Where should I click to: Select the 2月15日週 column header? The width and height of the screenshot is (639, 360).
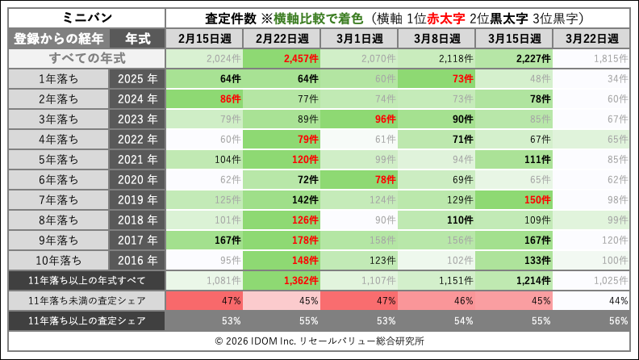pos(205,38)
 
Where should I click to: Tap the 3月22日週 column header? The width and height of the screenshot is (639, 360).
pos(592,38)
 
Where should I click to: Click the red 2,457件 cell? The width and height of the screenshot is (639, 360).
pos(282,58)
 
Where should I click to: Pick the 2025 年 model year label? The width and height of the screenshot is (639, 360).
pos(136,78)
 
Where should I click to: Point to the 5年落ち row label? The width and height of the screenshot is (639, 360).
pos(57,159)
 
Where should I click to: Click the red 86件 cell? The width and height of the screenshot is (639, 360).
pos(205,98)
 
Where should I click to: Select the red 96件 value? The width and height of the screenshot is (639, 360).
pos(360,119)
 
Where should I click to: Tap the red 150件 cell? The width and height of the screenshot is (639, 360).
pos(515,199)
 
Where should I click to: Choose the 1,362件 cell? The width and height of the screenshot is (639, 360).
pos(282,280)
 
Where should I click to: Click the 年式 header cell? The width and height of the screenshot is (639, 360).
pos(136,38)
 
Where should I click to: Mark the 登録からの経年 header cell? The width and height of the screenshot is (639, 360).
pos(57,38)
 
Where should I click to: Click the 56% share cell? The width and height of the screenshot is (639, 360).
pos(592,320)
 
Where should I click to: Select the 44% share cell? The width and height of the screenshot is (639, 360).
pos(592,300)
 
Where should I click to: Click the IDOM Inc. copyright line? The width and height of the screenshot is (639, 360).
pos(319,341)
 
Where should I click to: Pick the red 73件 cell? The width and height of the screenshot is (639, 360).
pos(437,78)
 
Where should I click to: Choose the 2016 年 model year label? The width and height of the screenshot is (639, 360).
pos(136,260)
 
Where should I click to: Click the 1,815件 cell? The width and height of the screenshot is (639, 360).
pos(592,58)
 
